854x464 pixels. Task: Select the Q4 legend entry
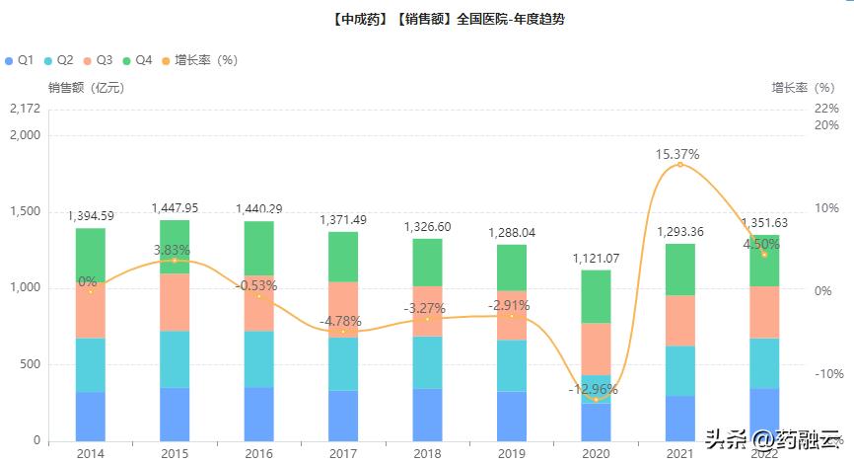tap(137, 60)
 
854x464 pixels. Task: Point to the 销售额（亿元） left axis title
tap(86, 88)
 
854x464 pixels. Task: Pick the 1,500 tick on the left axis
tap(26, 211)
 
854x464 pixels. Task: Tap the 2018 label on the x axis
tap(427, 452)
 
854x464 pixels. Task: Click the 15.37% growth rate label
tap(677, 154)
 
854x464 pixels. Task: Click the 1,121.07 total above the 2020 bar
tap(595, 259)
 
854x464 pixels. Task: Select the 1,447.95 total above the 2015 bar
tap(175, 208)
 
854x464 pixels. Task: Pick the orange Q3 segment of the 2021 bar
tap(679, 320)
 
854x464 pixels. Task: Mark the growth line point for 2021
tap(679, 165)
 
